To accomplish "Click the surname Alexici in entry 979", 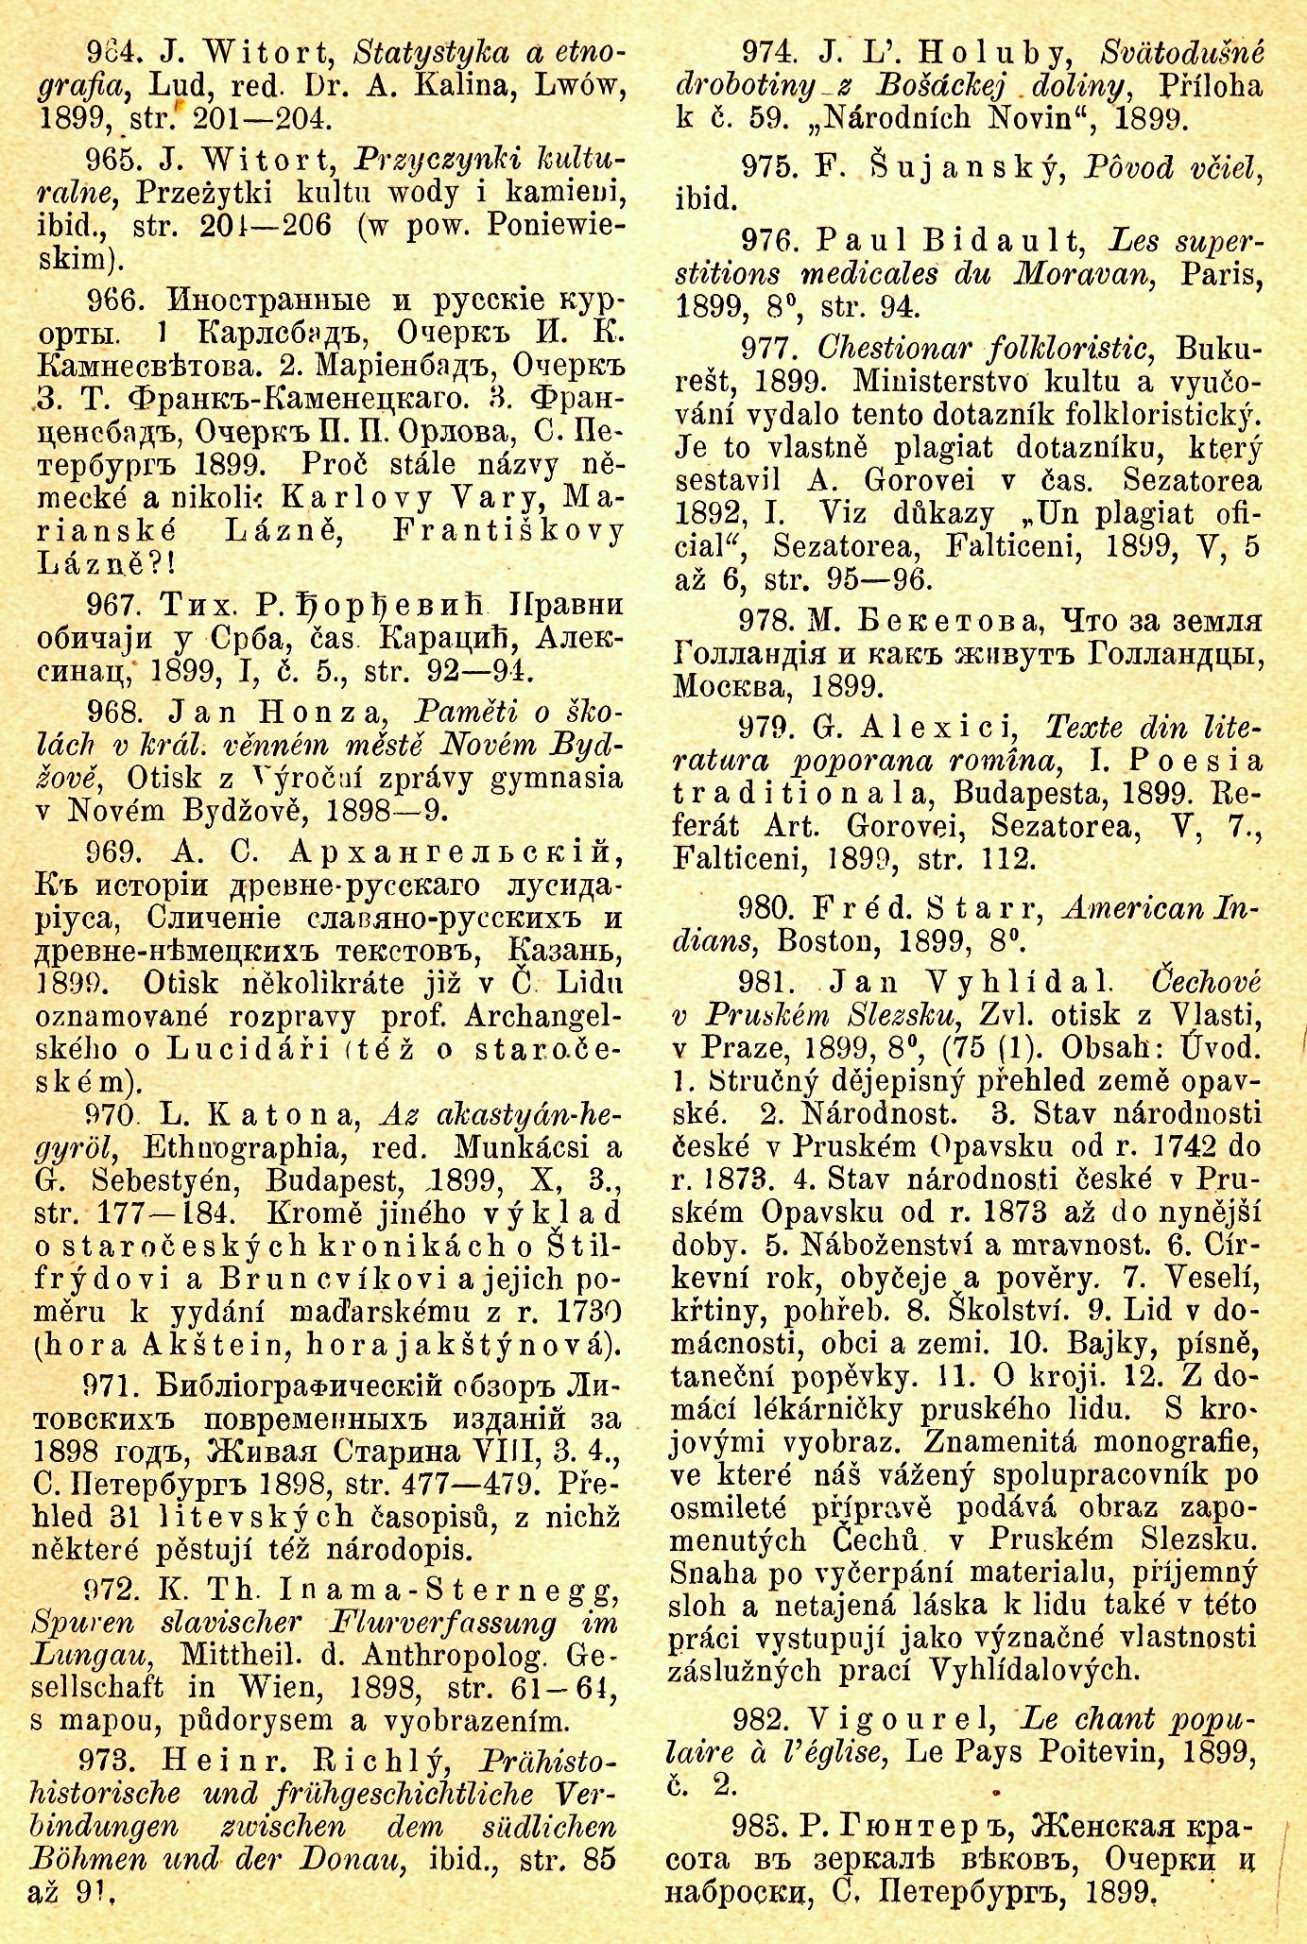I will coord(937,728).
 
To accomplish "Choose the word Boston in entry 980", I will coord(827,941).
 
